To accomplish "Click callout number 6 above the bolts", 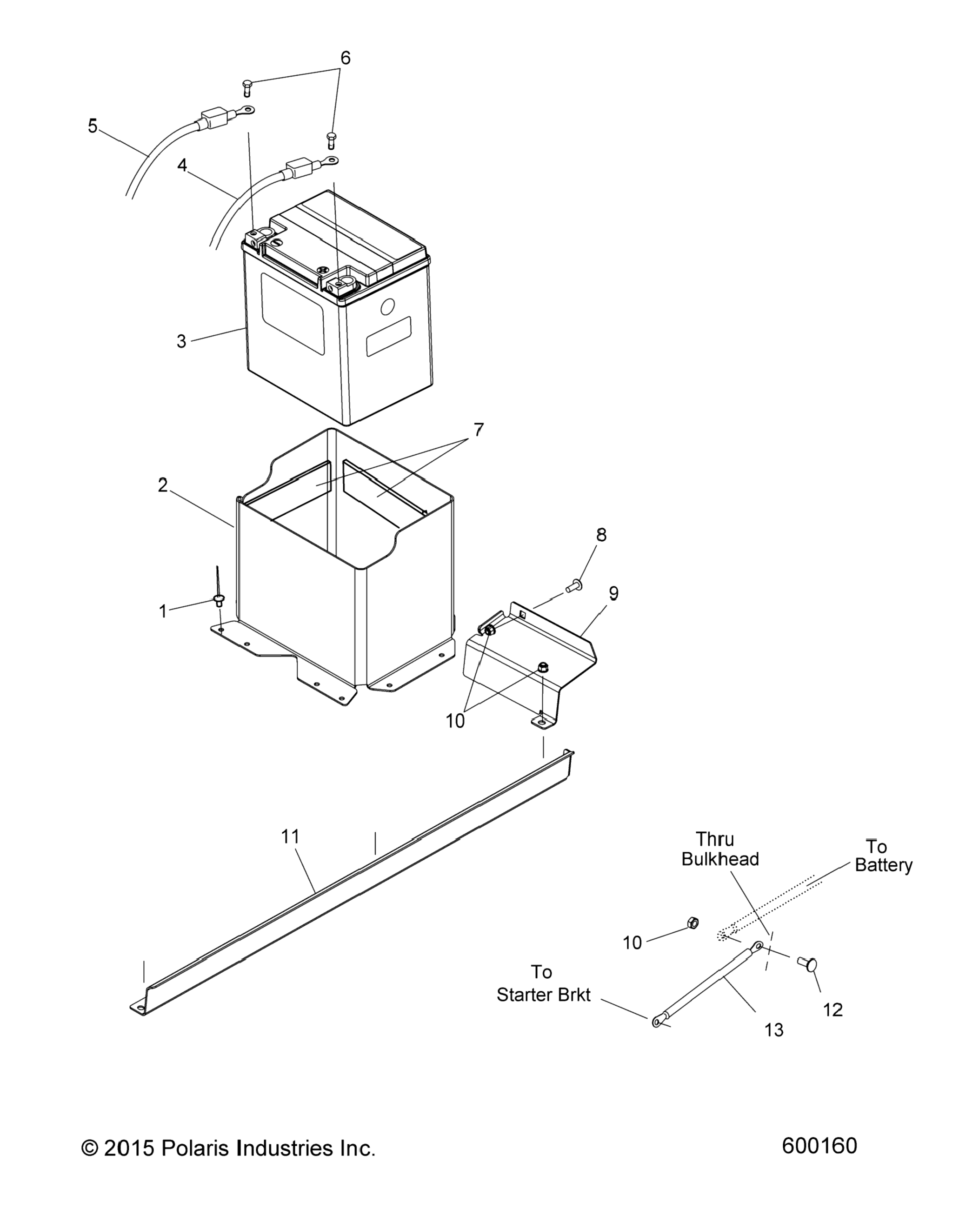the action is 346,58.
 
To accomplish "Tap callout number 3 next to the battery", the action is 181,341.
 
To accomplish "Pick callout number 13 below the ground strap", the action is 774,1030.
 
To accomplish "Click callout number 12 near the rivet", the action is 833,1010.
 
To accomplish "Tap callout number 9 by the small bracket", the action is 613,593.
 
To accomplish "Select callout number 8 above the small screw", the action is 601,535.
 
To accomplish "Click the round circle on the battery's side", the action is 388,307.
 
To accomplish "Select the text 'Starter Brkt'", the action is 543,995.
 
